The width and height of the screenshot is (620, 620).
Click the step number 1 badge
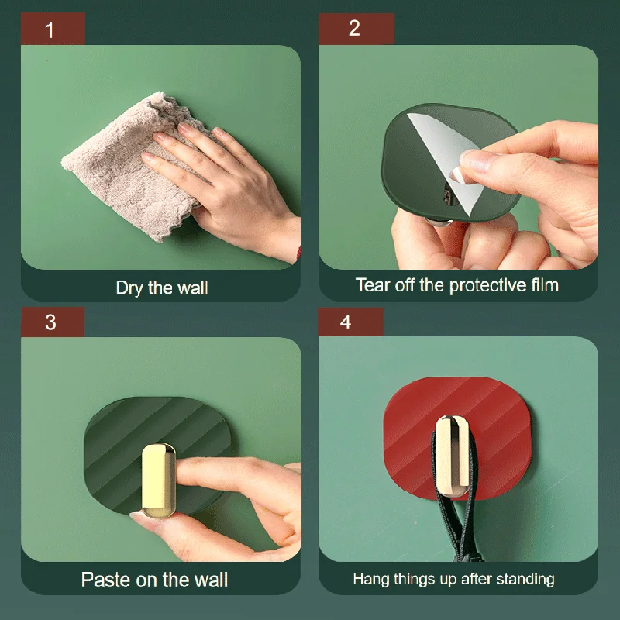coord(53,29)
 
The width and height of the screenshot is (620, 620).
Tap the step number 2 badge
coord(356,29)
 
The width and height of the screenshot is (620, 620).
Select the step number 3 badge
coord(53,322)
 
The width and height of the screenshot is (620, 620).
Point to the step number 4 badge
coord(351,322)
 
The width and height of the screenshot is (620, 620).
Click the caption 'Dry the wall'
coord(162,288)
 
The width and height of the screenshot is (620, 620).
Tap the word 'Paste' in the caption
coord(106,580)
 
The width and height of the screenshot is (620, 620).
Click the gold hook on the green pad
coord(159,480)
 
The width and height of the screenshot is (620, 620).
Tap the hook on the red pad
coord(453,456)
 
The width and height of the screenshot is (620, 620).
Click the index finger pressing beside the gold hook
coord(222,473)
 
